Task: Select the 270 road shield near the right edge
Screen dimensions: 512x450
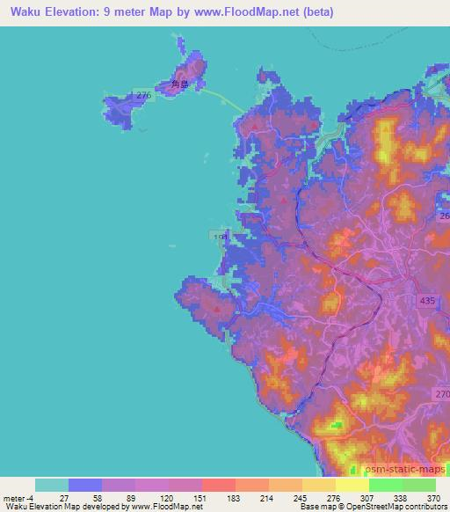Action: (441, 394)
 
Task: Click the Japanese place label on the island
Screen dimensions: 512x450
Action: (180, 85)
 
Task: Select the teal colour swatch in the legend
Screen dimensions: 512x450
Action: (52, 485)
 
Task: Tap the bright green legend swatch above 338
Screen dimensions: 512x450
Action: (386, 485)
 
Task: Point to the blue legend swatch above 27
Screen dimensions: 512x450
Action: (85, 485)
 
